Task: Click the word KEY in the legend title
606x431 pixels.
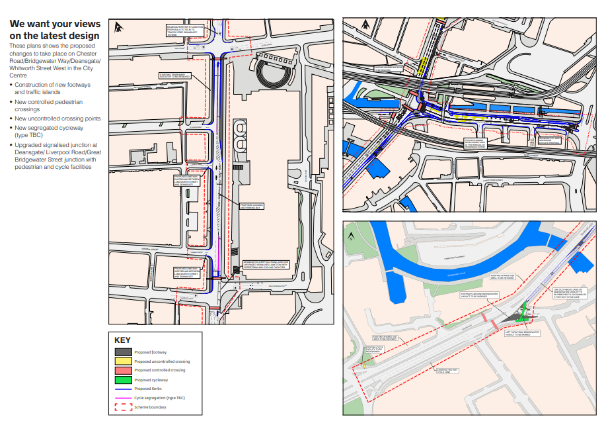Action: tap(124, 340)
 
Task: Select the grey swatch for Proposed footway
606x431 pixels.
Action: tap(123, 352)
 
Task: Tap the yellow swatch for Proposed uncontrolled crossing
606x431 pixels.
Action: tap(123, 361)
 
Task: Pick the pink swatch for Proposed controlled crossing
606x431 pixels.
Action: tap(123, 371)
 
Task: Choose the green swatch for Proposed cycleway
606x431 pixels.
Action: tap(123, 380)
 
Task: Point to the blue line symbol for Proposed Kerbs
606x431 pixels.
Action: tap(123, 389)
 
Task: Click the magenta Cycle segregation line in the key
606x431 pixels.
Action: tap(123, 397)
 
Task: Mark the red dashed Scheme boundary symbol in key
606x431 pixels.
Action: tap(123, 407)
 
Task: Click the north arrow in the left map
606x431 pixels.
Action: tap(118, 27)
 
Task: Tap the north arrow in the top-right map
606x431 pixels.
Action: tap(352, 26)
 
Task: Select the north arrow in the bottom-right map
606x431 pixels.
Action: tap(351, 234)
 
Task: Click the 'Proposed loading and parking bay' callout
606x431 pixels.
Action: tap(251, 206)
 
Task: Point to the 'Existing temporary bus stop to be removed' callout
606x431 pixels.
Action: tap(174, 76)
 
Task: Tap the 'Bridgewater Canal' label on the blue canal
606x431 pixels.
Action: tap(457, 272)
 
